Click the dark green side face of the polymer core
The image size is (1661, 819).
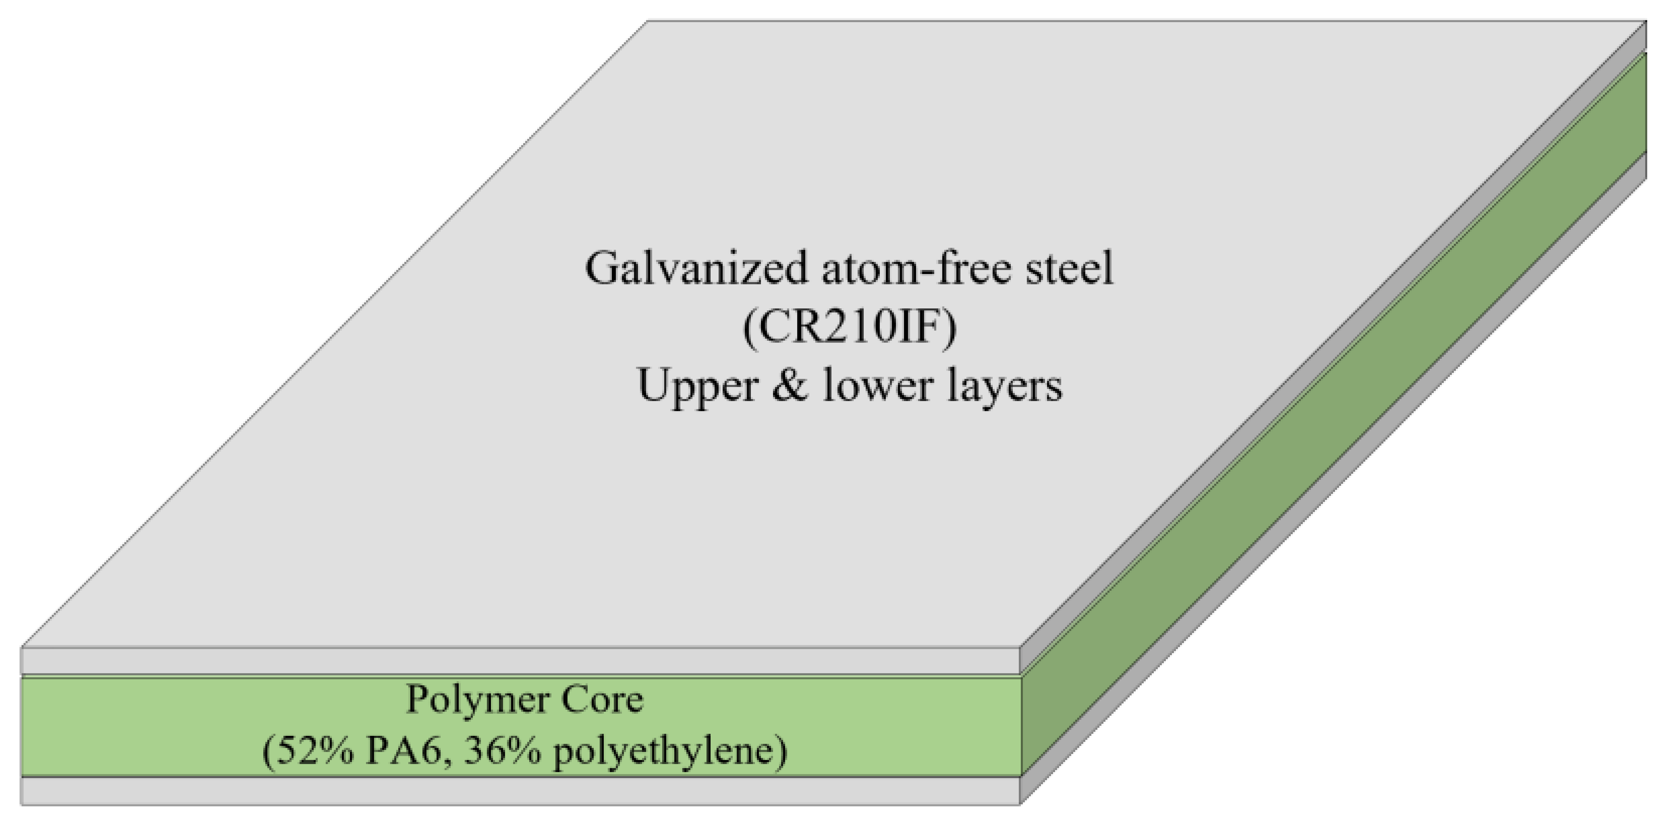tap(1335, 412)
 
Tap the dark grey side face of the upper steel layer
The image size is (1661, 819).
tap(1335, 335)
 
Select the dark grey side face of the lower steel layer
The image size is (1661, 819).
tap(1335, 490)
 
